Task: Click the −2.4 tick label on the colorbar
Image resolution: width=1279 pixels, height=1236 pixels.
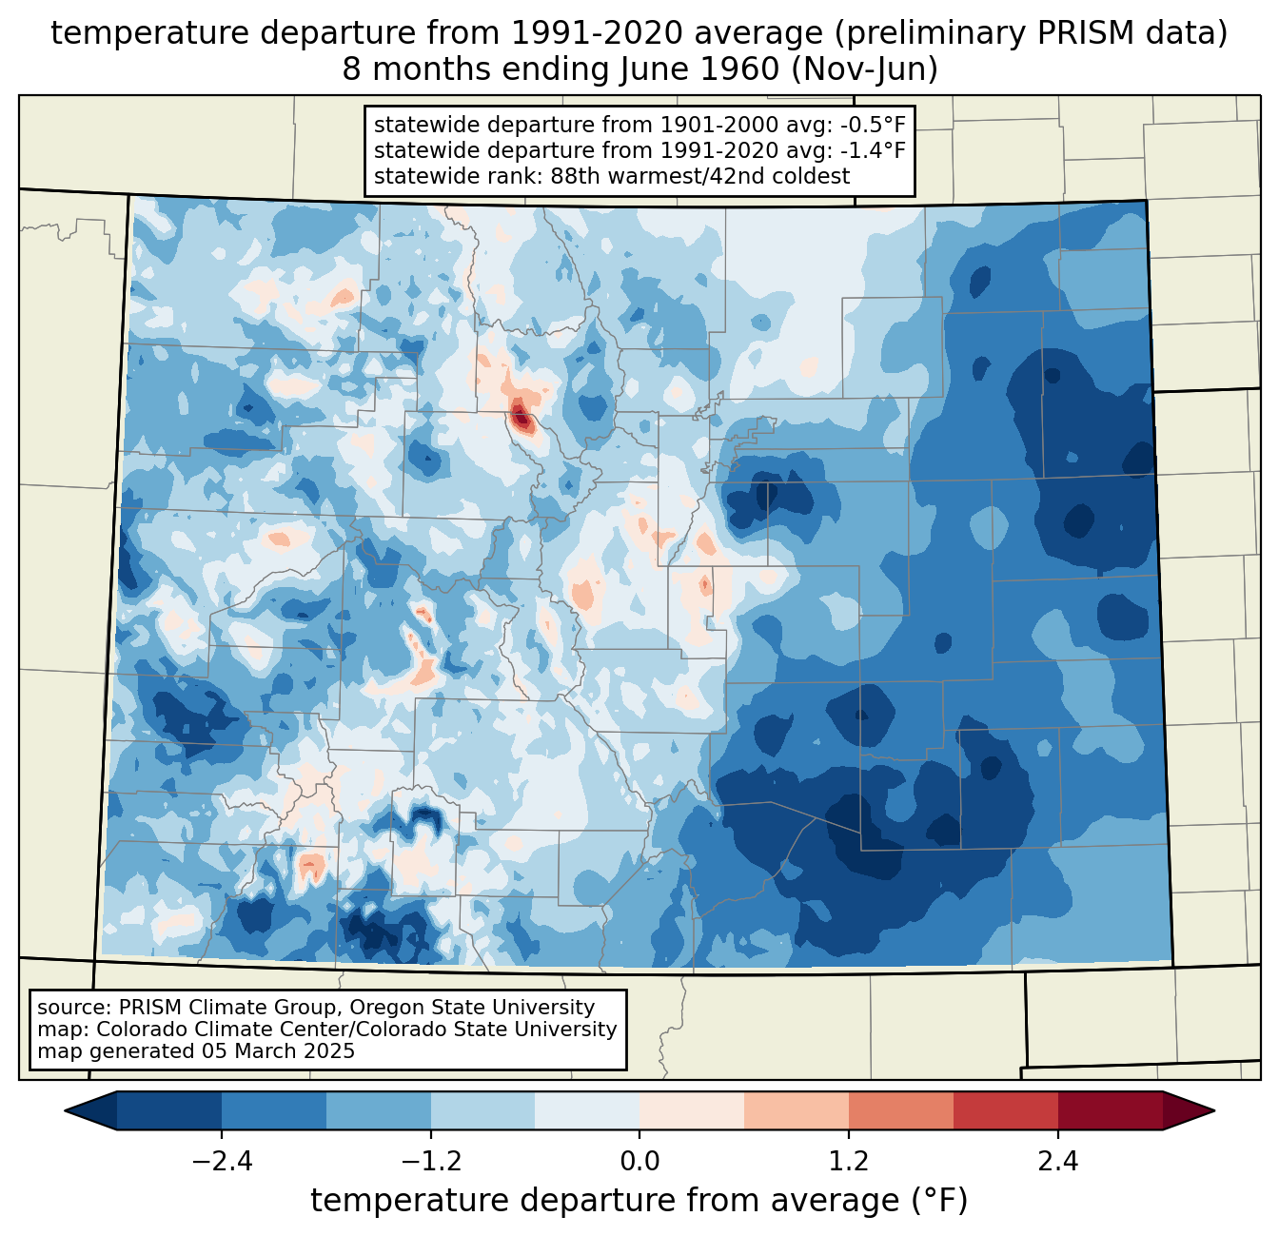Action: click(x=221, y=1162)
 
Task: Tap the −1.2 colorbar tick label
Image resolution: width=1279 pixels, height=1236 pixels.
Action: click(x=430, y=1162)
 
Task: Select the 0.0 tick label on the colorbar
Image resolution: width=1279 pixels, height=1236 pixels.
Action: click(x=639, y=1162)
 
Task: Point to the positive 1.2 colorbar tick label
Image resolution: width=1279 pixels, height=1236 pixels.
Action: click(x=849, y=1162)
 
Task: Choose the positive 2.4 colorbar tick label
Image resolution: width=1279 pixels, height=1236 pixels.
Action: click(x=1058, y=1162)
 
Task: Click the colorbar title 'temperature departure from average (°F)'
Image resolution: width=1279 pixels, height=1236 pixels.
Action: click(x=639, y=1201)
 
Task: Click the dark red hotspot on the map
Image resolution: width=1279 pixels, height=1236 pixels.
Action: click(x=521, y=416)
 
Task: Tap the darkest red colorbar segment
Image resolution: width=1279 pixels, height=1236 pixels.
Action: click(x=1110, y=1110)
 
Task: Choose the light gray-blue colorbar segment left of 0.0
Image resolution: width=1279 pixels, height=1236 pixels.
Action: click(x=587, y=1110)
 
